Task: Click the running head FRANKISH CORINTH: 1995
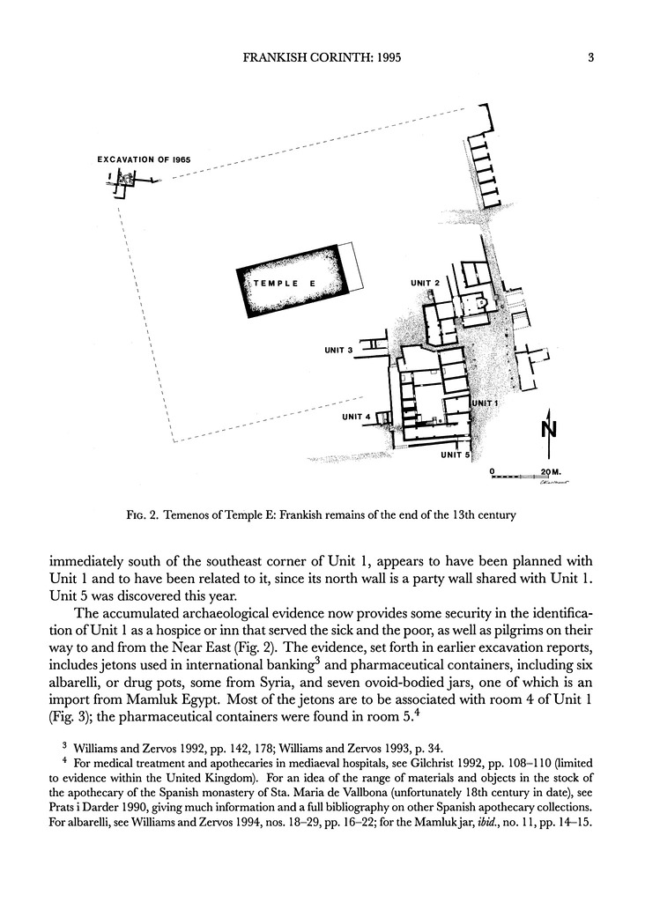tap(323, 59)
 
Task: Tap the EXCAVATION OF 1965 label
tap(144, 160)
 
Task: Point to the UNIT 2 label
tap(426, 283)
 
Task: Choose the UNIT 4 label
tap(356, 417)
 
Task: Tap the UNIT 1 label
tap(486, 403)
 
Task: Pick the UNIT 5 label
tap(456, 455)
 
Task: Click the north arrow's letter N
tap(548, 430)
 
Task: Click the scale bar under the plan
tap(520, 477)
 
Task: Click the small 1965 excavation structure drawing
tap(123, 182)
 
